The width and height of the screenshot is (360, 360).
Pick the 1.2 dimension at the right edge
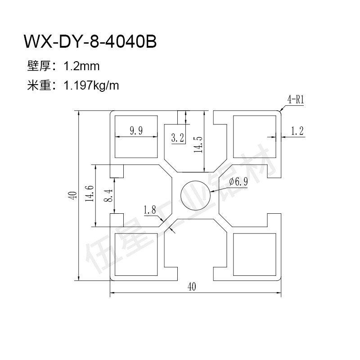(x=297, y=131)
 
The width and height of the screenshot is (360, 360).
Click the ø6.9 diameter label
(x=238, y=181)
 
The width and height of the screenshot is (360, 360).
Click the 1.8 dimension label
(x=150, y=210)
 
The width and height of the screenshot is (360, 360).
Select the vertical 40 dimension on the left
(x=71, y=195)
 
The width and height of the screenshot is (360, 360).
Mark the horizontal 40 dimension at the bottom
(x=193, y=286)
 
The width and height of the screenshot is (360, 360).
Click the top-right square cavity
(x=254, y=135)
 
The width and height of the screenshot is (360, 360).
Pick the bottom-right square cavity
(x=254, y=255)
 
